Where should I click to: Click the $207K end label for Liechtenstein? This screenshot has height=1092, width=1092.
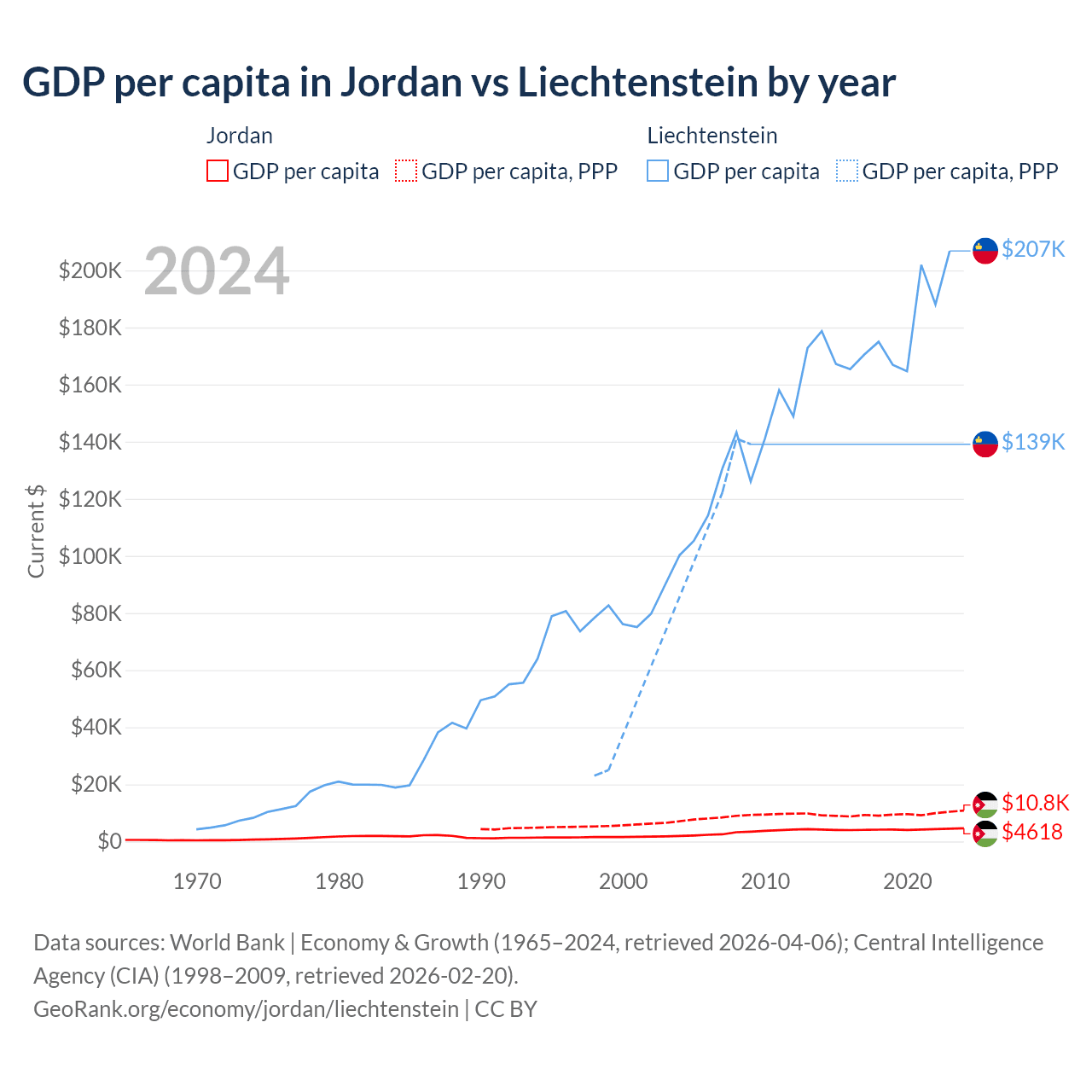1033,249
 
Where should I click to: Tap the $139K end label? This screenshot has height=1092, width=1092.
1033,442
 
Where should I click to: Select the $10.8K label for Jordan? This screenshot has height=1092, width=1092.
1035,803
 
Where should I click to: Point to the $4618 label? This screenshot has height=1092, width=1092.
1032,832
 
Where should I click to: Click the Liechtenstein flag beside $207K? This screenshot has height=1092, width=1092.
985,250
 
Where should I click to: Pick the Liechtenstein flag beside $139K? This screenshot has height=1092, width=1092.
985,444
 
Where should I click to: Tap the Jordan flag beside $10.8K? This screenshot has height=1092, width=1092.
985,804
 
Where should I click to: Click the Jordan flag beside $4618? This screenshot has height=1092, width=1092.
985,834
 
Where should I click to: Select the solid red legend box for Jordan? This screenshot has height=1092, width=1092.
218,171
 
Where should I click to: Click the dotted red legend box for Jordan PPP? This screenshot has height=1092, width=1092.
406,171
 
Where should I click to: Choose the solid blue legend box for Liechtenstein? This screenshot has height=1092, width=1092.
658,171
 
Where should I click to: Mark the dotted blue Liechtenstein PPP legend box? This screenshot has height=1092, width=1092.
847,171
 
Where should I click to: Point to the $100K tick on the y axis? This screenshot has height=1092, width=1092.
90,556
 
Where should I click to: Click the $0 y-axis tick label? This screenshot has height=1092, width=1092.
109,841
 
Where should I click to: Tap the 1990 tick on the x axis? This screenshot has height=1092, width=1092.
481,881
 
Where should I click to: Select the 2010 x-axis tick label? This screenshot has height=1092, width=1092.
765,881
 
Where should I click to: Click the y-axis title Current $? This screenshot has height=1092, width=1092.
36,531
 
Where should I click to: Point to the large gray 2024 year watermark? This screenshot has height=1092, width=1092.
217,271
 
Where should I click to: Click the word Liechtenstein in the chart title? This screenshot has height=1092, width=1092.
638,82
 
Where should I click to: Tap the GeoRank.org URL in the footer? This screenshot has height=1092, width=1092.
246,1009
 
